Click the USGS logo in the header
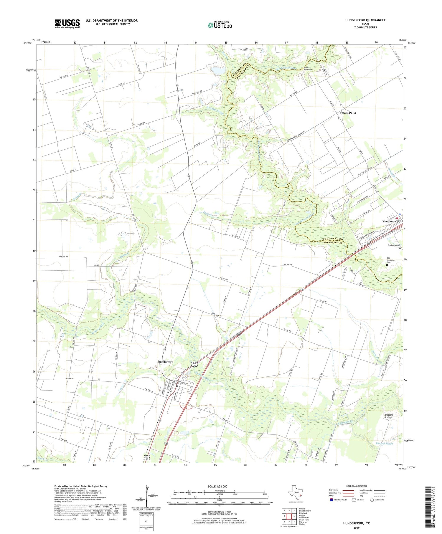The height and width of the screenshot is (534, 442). point(67,24)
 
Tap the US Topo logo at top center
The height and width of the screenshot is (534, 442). point(220,25)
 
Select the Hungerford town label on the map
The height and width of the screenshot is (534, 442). point(165,362)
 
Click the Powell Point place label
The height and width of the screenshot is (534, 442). point(348,113)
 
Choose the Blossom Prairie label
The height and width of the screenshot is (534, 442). point(388,416)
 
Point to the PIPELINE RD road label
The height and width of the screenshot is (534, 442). point(62,257)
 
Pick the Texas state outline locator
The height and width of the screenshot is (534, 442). point(295,493)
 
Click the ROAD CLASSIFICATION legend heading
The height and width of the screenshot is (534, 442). point(357,486)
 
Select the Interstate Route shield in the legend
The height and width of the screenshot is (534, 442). point(332,500)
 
